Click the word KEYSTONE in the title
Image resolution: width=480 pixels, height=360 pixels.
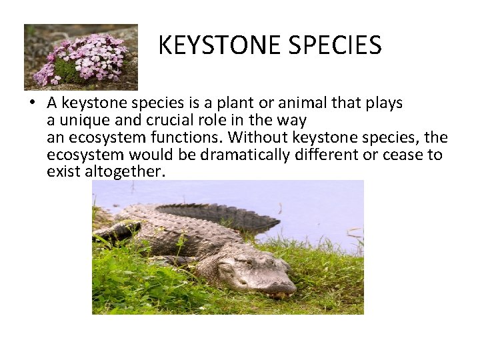(x=219, y=45)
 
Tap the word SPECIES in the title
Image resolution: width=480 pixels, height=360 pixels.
(x=335, y=45)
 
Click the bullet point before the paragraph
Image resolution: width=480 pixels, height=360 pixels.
(x=32, y=102)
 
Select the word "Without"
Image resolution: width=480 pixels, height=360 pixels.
(x=258, y=137)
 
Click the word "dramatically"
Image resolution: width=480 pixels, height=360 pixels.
(x=245, y=155)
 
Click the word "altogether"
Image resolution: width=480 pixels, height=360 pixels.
(x=125, y=171)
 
